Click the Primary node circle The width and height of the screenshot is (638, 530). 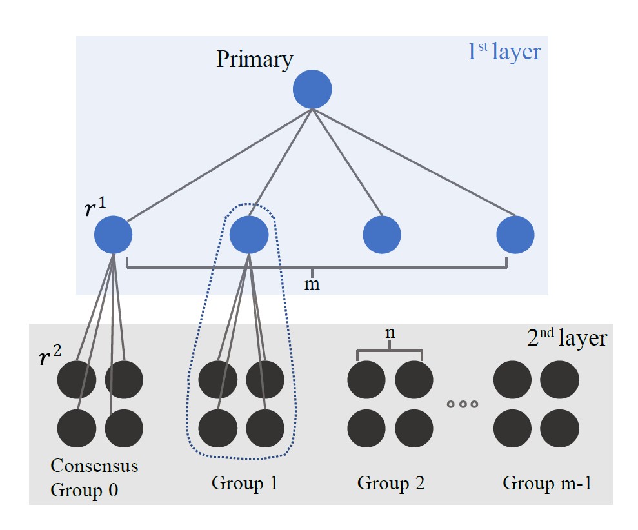coord(312,90)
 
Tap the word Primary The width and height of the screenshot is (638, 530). coord(254,59)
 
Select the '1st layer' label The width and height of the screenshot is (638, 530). coord(504,52)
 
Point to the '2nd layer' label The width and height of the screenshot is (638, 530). coord(566,339)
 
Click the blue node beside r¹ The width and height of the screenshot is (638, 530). coord(114,235)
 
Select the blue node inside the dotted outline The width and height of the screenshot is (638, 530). coord(249,235)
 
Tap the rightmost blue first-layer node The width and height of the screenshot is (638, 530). coord(515,235)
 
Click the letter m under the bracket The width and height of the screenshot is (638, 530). coord(312,284)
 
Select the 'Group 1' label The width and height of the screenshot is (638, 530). coord(244,483)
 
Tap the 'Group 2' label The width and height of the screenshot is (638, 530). coord(391,483)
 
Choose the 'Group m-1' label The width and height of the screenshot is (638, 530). coord(547,483)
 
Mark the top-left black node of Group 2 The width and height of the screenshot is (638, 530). coord(366,379)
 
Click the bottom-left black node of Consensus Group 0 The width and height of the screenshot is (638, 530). coord(77,428)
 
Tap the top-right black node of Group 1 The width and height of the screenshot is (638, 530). coord(265,379)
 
